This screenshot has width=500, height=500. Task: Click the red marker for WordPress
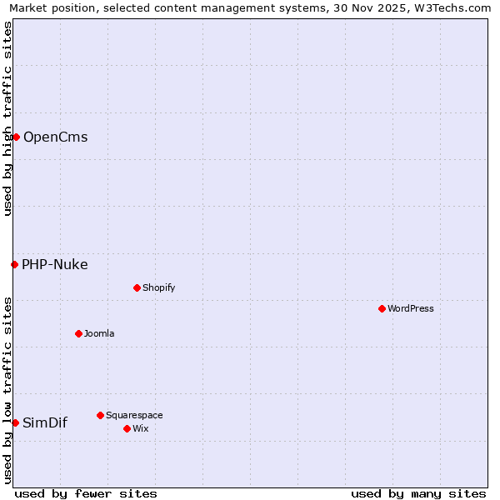[x=382, y=308]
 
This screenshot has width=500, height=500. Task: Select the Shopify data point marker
[x=137, y=287]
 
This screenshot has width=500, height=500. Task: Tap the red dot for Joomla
[x=78, y=333]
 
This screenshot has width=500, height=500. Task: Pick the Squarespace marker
[x=100, y=415]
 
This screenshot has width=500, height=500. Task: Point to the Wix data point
[x=127, y=428]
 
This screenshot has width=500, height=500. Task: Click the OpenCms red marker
[x=16, y=137]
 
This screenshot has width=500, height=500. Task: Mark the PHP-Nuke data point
[x=14, y=264]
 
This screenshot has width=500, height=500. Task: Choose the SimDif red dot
[x=15, y=422]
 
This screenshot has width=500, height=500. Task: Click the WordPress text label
[x=411, y=308]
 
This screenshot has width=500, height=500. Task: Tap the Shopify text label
[x=159, y=287]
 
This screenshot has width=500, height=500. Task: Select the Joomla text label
[x=99, y=333]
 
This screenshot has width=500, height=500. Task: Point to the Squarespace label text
[x=134, y=415]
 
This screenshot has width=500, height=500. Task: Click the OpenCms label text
[x=56, y=137]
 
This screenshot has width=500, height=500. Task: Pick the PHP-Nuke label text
[x=55, y=264]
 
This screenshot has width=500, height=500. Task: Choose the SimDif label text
[x=45, y=422]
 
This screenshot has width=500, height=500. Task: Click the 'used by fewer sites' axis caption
[x=86, y=493]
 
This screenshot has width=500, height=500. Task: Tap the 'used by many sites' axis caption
[x=418, y=493]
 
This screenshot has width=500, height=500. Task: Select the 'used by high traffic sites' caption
[x=7, y=118]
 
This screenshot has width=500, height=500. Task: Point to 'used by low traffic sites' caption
[x=7, y=390]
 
